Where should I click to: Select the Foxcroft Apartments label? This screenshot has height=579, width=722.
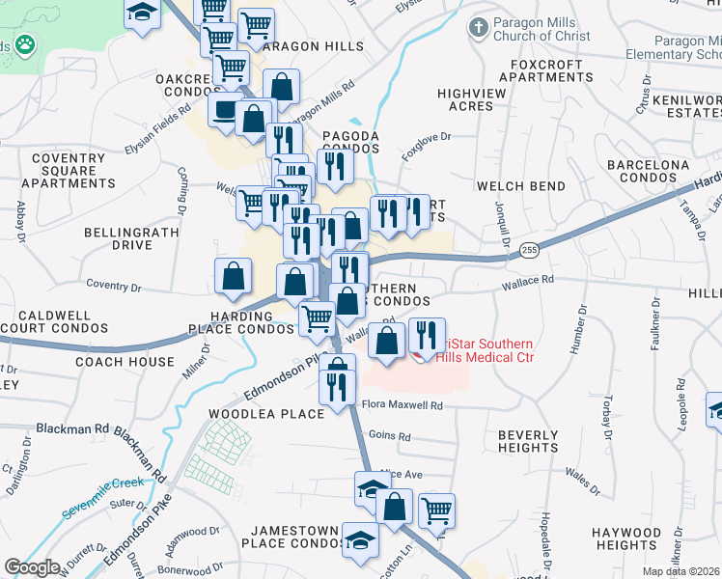pos(547,70)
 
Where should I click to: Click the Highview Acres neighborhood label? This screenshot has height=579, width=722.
pos(471,99)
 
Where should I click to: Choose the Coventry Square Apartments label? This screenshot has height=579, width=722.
pos(69,171)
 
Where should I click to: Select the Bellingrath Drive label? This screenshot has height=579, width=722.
pos(118,239)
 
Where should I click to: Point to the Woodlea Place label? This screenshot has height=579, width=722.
pos(267,414)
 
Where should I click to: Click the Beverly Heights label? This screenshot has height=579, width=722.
pos(528,441)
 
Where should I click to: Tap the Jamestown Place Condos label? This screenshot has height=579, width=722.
pos(294,538)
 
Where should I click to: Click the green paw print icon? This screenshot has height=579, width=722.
pos(22,45)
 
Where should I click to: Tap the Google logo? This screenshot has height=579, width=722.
pos(32,567)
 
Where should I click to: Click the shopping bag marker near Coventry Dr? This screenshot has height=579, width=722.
pos(233,278)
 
